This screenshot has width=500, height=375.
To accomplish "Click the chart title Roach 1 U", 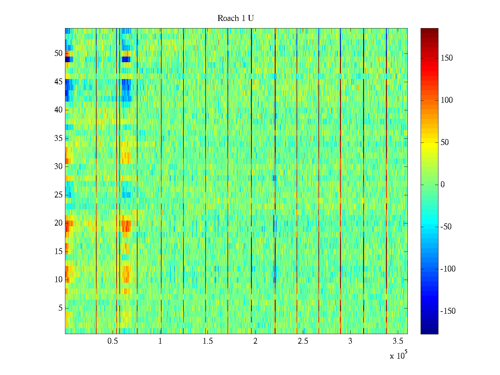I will coord(235,18).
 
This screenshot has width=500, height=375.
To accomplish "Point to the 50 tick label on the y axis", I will coord(58,53).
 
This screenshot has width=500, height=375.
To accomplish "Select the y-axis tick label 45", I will coord(58,82).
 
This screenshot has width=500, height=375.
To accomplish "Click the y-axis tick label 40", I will coord(58,110).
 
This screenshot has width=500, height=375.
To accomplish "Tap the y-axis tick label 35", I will coord(58,138).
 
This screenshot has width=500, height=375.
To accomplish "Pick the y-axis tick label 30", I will coord(58,167).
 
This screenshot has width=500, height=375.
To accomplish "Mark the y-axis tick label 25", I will coord(58,195).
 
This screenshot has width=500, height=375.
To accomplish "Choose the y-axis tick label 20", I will coord(58,223).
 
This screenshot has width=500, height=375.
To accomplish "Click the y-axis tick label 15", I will coord(58,252).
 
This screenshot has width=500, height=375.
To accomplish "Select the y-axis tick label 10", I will coord(58,280).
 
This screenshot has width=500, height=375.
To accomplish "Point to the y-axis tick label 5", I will coord(60,308).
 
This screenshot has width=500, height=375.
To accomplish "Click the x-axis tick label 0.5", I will coord(112,341).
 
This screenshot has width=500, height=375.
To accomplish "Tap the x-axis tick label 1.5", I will coord(208,341).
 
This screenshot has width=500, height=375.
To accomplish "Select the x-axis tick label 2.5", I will coord(303,341).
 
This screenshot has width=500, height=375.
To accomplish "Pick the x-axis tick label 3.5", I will coord(398,341).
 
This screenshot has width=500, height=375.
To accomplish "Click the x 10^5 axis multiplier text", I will coord(398,356).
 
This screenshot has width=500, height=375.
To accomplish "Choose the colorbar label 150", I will coord(446,58).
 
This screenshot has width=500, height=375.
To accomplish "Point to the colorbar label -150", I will coord(448,311).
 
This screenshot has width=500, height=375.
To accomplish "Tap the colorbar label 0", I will coord(442,185).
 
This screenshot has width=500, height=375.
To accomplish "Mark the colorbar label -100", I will coord(448,269).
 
